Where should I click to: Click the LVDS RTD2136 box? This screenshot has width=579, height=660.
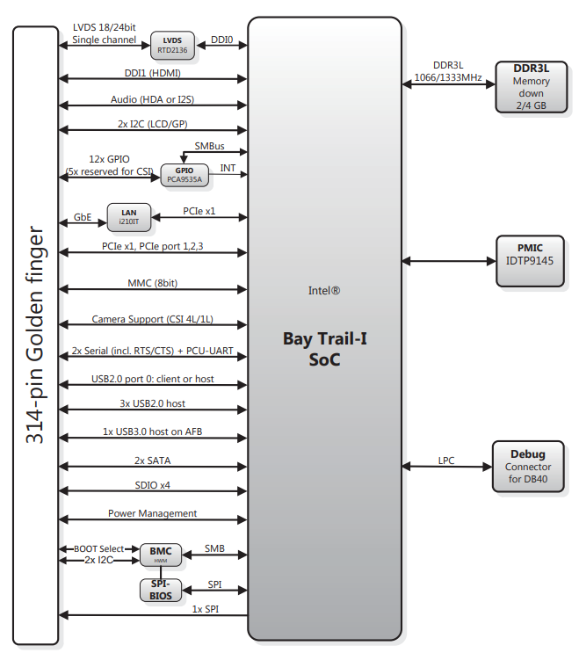[x=172, y=45]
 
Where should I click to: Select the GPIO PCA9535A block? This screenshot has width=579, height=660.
[x=185, y=175]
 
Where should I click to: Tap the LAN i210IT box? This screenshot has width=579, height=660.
[x=129, y=217]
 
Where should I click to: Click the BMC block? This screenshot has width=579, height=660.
[x=160, y=555]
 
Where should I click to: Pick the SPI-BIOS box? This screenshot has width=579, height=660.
[x=160, y=590]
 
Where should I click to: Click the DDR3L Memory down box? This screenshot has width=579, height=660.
[x=531, y=87]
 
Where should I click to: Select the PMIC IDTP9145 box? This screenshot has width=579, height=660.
[x=530, y=261]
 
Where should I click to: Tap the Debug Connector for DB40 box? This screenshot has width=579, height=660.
[x=528, y=467]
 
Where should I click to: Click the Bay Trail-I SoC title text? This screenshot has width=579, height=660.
[x=324, y=349]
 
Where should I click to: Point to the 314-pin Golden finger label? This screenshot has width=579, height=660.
[x=35, y=335]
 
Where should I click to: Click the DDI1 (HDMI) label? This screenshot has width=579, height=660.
[x=152, y=73]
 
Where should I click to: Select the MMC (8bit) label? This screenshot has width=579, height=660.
[x=152, y=283]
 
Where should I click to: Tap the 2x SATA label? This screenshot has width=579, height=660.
[x=152, y=461]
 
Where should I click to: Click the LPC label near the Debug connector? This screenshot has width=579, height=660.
[x=446, y=461]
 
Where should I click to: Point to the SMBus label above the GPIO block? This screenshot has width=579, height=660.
[x=209, y=146]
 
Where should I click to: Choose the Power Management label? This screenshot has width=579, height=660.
[x=152, y=513]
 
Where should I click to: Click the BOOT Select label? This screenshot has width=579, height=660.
[x=99, y=549]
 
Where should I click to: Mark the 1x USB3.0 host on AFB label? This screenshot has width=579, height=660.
[x=152, y=432]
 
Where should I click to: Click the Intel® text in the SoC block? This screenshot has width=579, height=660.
[x=324, y=290]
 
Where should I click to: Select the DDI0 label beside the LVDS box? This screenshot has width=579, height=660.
[x=221, y=40]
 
